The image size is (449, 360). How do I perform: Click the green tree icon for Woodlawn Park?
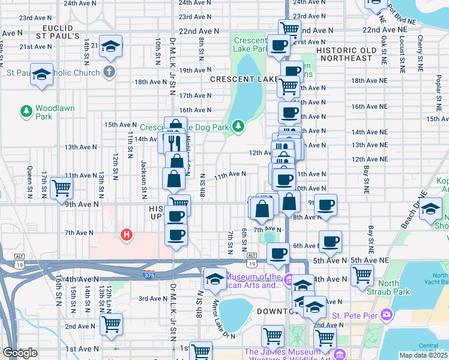coord(26,111)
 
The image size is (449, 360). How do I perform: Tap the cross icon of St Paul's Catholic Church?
coord(108,73)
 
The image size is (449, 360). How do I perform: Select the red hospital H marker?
coord(126,235)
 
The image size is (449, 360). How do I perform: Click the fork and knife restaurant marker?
coord(175,142)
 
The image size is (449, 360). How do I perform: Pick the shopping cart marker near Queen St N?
coord(62,187)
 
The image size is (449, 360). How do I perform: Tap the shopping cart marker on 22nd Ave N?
coord(289,28)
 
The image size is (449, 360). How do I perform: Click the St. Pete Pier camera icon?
coord(387,314)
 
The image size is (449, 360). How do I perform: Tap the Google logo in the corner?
coord(20,353)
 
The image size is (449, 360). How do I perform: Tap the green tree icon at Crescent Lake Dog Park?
coord(239,125)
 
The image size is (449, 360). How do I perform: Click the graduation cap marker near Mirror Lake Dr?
coord(215,278)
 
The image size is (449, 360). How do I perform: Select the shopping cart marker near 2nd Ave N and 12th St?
coord(111,323)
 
